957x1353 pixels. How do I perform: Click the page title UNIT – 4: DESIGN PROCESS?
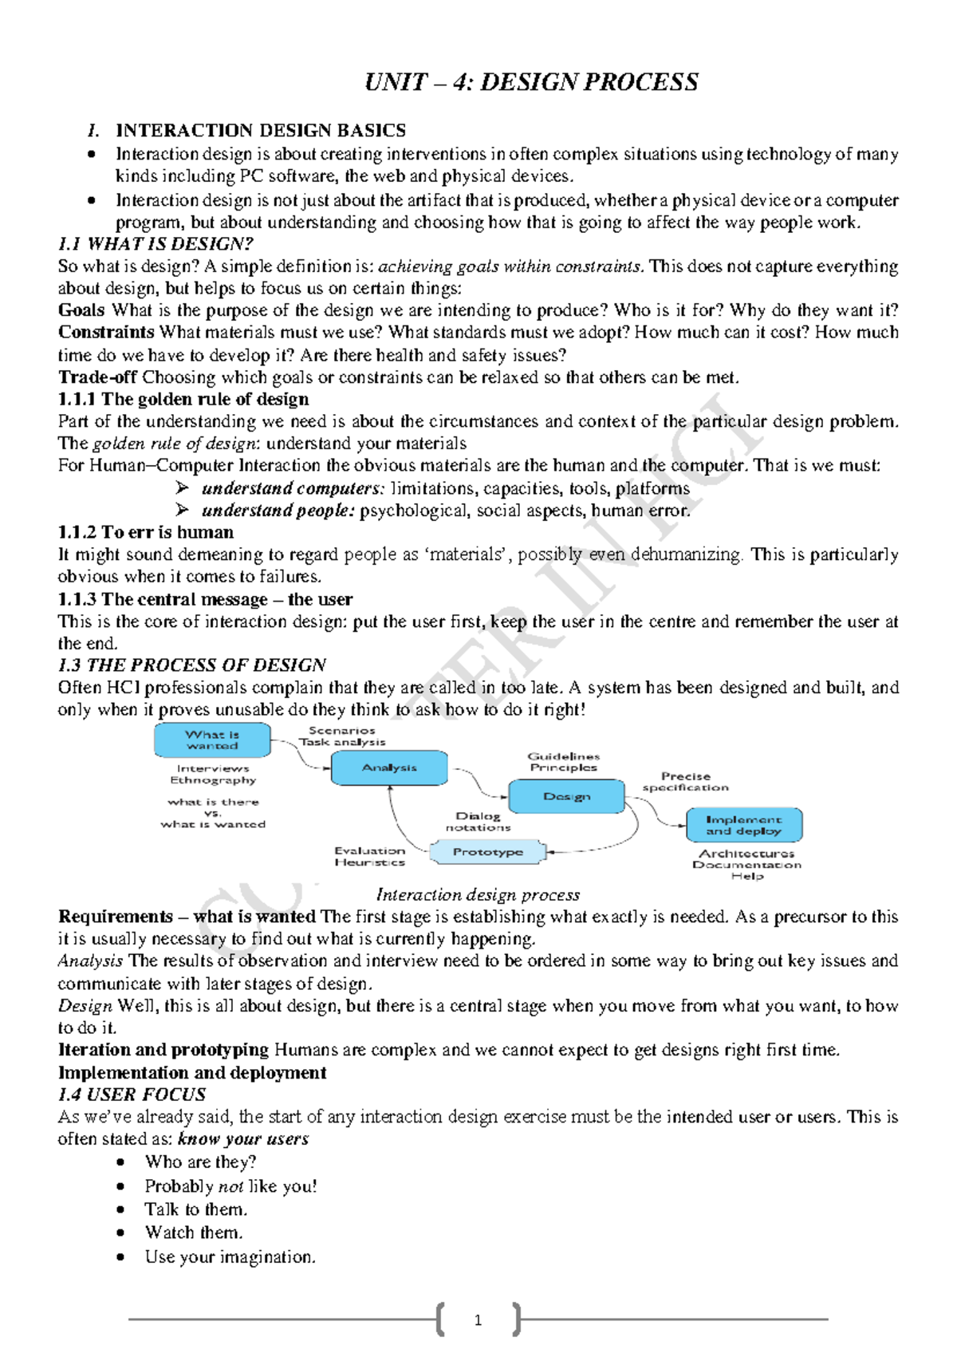tap(531, 82)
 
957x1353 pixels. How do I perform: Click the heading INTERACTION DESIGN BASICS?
tap(261, 131)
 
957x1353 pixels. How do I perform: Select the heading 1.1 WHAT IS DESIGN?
tap(156, 244)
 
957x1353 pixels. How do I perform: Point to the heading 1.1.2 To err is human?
tap(146, 532)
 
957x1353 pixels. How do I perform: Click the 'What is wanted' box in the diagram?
tap(212, 740)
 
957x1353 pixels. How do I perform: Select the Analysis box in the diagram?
tap(389, 767)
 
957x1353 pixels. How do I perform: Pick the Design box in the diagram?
tap(566, 796)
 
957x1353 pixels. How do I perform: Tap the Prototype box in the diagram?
tap(487, 852)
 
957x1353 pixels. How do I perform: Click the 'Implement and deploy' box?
tap(743, 825)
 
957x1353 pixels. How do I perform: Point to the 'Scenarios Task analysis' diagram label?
tap(342, 736)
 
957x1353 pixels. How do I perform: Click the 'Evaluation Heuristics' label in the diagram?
tap(369, 857)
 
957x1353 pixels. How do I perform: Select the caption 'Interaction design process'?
tap(478, 895)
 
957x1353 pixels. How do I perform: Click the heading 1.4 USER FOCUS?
tap(132, 1095)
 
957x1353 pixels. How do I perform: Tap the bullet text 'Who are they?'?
tap(200, 1162)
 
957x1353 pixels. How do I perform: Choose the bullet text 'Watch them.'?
tap(194, 1233)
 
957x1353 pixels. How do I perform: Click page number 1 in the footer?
tap(478, 1320)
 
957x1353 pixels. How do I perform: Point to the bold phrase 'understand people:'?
tap(278, 511)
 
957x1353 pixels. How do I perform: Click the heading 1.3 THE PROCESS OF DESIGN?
tap(192, 665)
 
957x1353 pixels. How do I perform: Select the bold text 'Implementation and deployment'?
tap(192, 1073)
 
